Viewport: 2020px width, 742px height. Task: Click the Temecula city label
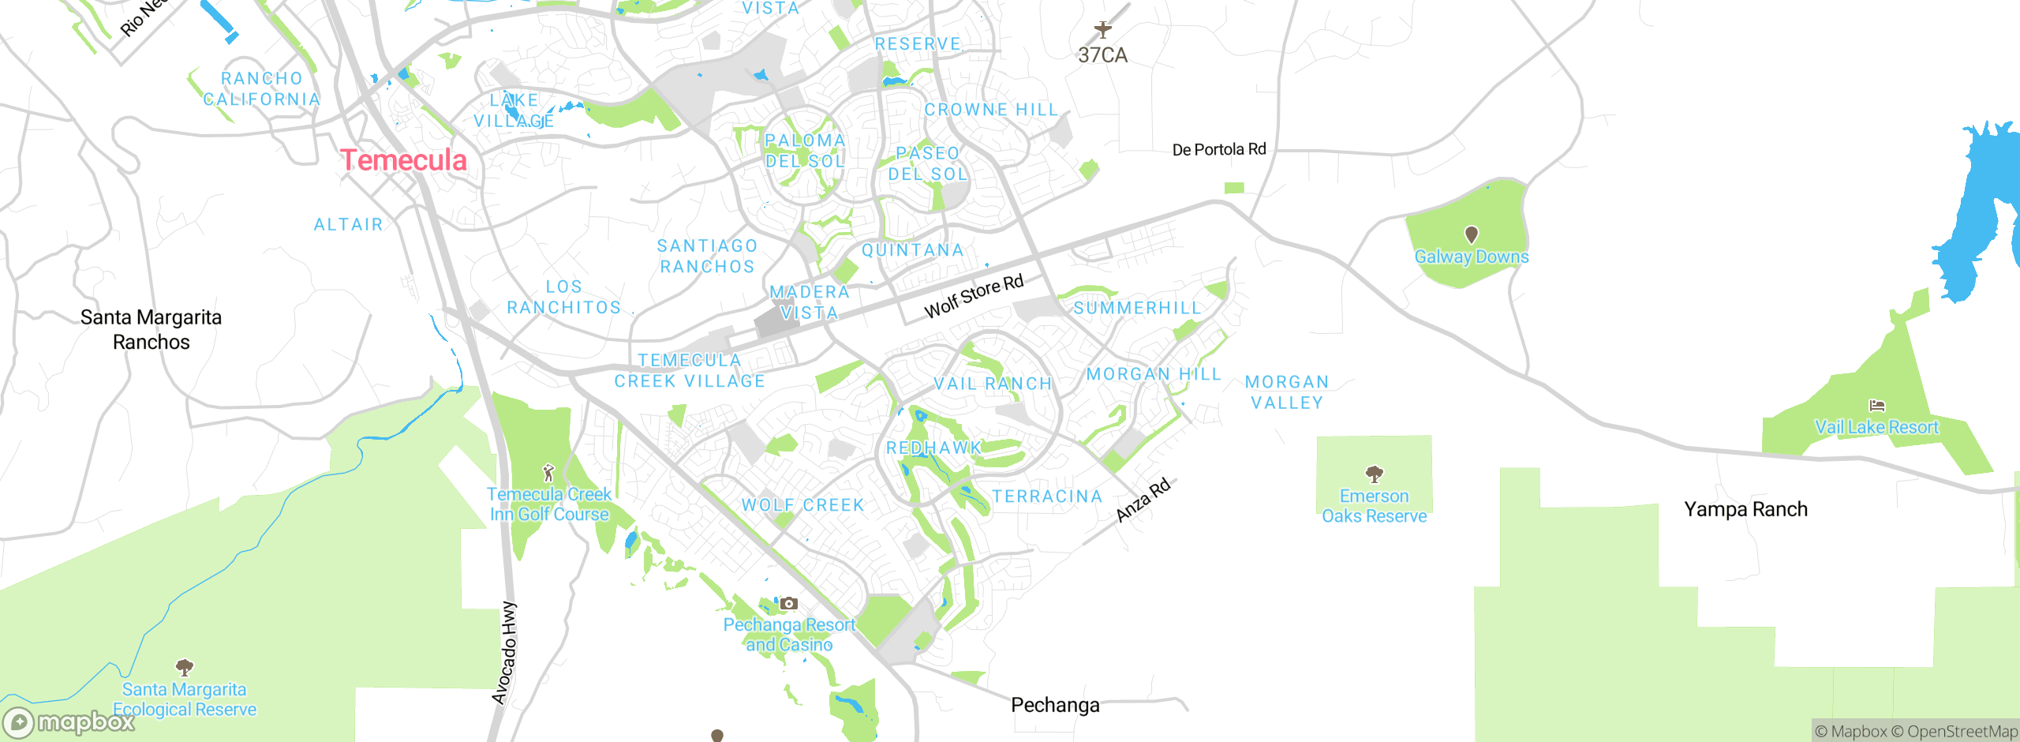[x=404, y=160]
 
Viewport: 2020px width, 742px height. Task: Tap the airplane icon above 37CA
[x=1102, y=30]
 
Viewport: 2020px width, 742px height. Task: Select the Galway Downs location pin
[x=1471, y=234]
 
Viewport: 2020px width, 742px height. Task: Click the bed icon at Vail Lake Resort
[x=1877, y=406]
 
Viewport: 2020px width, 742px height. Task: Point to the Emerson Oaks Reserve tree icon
[x=1374, y=474]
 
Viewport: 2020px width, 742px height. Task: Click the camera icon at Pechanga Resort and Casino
[x=788, y=604]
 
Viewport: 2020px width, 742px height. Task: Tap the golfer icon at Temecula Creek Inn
[x=548, y=473]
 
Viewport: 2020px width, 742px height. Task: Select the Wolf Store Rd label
[x=974, y=296]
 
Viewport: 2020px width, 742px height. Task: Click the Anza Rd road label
[x=1143, y=500]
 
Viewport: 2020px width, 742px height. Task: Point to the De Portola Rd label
[x=1218, y=150]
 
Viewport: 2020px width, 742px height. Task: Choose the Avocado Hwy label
[x=505, y=652]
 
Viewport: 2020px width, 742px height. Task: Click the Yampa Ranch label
[x=1745, y=509]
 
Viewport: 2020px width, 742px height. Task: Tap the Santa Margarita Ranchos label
[x=151, y=329]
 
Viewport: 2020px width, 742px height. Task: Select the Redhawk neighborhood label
[x=933, y=448]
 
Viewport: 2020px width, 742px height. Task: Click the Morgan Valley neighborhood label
[x=1287, y=392]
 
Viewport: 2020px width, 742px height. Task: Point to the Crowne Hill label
[x=991, y=110]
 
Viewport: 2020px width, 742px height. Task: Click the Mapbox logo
[x=69, y=721]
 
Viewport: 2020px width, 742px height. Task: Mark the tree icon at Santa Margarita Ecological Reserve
[x=185, y=668]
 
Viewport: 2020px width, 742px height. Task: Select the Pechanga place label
[x=1055, y=705]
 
